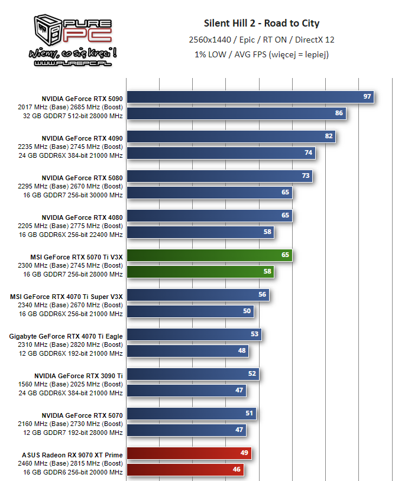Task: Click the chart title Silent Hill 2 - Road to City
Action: click(261, 24)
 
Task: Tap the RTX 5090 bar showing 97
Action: click(251, 96)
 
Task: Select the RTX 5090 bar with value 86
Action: click(237, 113)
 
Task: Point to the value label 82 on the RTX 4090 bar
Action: click(329, 136)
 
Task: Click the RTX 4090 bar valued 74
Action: click(221, 152)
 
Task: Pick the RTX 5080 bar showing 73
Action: click(219, 175)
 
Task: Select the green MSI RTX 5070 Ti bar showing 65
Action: click(209, 255)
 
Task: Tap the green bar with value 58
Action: click(200, 272)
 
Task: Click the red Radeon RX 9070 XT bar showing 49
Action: click(189, 453)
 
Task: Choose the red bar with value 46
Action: click(185, 470)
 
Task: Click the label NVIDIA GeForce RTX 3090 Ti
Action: click(78, 376)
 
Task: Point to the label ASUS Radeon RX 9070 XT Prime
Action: click(73, 455)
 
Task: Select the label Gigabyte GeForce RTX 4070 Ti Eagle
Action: click(66, 336)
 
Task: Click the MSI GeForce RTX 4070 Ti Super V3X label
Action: click(66, 297)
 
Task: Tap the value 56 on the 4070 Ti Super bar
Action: click(262, 295)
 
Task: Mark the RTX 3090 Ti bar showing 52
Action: click(193, 374)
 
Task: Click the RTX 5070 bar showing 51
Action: click(192, 414)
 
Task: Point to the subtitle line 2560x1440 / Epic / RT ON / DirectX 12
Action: click(261, 40)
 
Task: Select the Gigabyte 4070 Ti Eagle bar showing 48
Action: click(187, 351)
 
